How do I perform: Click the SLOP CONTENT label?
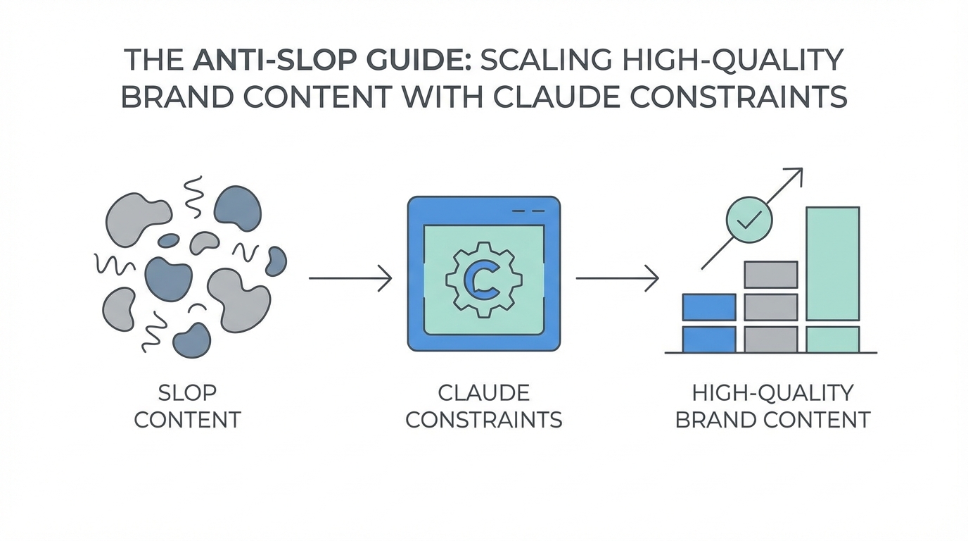[x=187, y=406]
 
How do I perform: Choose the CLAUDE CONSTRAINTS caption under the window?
[x=484, y=406]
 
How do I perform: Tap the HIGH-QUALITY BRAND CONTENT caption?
[x=772, y=406]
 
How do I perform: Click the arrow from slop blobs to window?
[x=350, y=278]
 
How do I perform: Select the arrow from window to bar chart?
[x=617, y=278]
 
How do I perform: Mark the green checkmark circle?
[x=749, y=220]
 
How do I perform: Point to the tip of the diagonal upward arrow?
[x=801, y=169]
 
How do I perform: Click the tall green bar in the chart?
[x=832, y=263]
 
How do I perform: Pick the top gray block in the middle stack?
[x=771, y=274]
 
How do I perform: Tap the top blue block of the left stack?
[x=709, y=307]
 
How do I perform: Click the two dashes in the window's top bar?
[x=528, y=211]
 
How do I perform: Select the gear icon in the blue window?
[x=483, y=279]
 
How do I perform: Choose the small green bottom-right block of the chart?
[x=832, y=339]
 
